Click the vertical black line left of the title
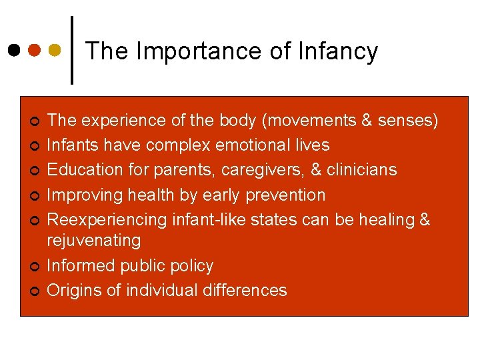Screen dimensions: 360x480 pyautogui.click(x=72, y=50)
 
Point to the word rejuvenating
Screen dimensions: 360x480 pyautogui.click(x=94, y=241)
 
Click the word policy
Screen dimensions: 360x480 pyautogui.click(x=189, y=266)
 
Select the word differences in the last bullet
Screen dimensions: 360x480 pyautogui.click(x=246, y=291)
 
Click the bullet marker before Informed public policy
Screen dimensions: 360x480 pyautogui.click(x=34, y=267)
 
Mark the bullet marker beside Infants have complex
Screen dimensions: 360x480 pyautogui.click(x=34, y=146)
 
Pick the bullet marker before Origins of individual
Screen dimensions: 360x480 pyautogui.click(x=34, y=291)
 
